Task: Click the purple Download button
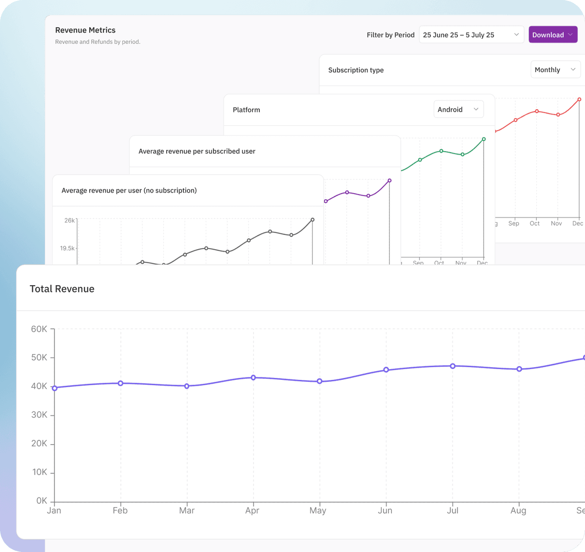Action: click(x=553, y=35)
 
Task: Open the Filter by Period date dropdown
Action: click(x=471, y=35)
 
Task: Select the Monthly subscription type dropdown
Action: click(x=555, y=70)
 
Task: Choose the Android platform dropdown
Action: click(x=458, y=110)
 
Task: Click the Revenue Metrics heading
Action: click(x=85, y=30)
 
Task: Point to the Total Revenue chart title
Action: click(x=62, y=289)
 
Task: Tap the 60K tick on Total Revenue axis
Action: click(x=39, y=329)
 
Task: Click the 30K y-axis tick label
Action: click(x=39, y=415)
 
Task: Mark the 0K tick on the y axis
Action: click(x=41, y=501)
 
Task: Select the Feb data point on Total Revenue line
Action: click(x=120, y=383)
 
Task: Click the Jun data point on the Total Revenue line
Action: click(x=386, y=370)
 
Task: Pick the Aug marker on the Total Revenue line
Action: click(x=519, y=369)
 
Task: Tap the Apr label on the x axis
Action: click(x=252, y=511)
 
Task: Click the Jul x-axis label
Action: click(x=452, y=511)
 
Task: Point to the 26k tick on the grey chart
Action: click(x=70, y=220)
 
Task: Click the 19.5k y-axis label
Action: click(x=67, y=248)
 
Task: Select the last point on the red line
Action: click(x=579, y=99)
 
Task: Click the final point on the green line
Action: click(x=484, y=139)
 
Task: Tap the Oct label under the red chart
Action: click(x=535, y=223)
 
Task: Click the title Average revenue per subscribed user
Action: click(x=197, y=151)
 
